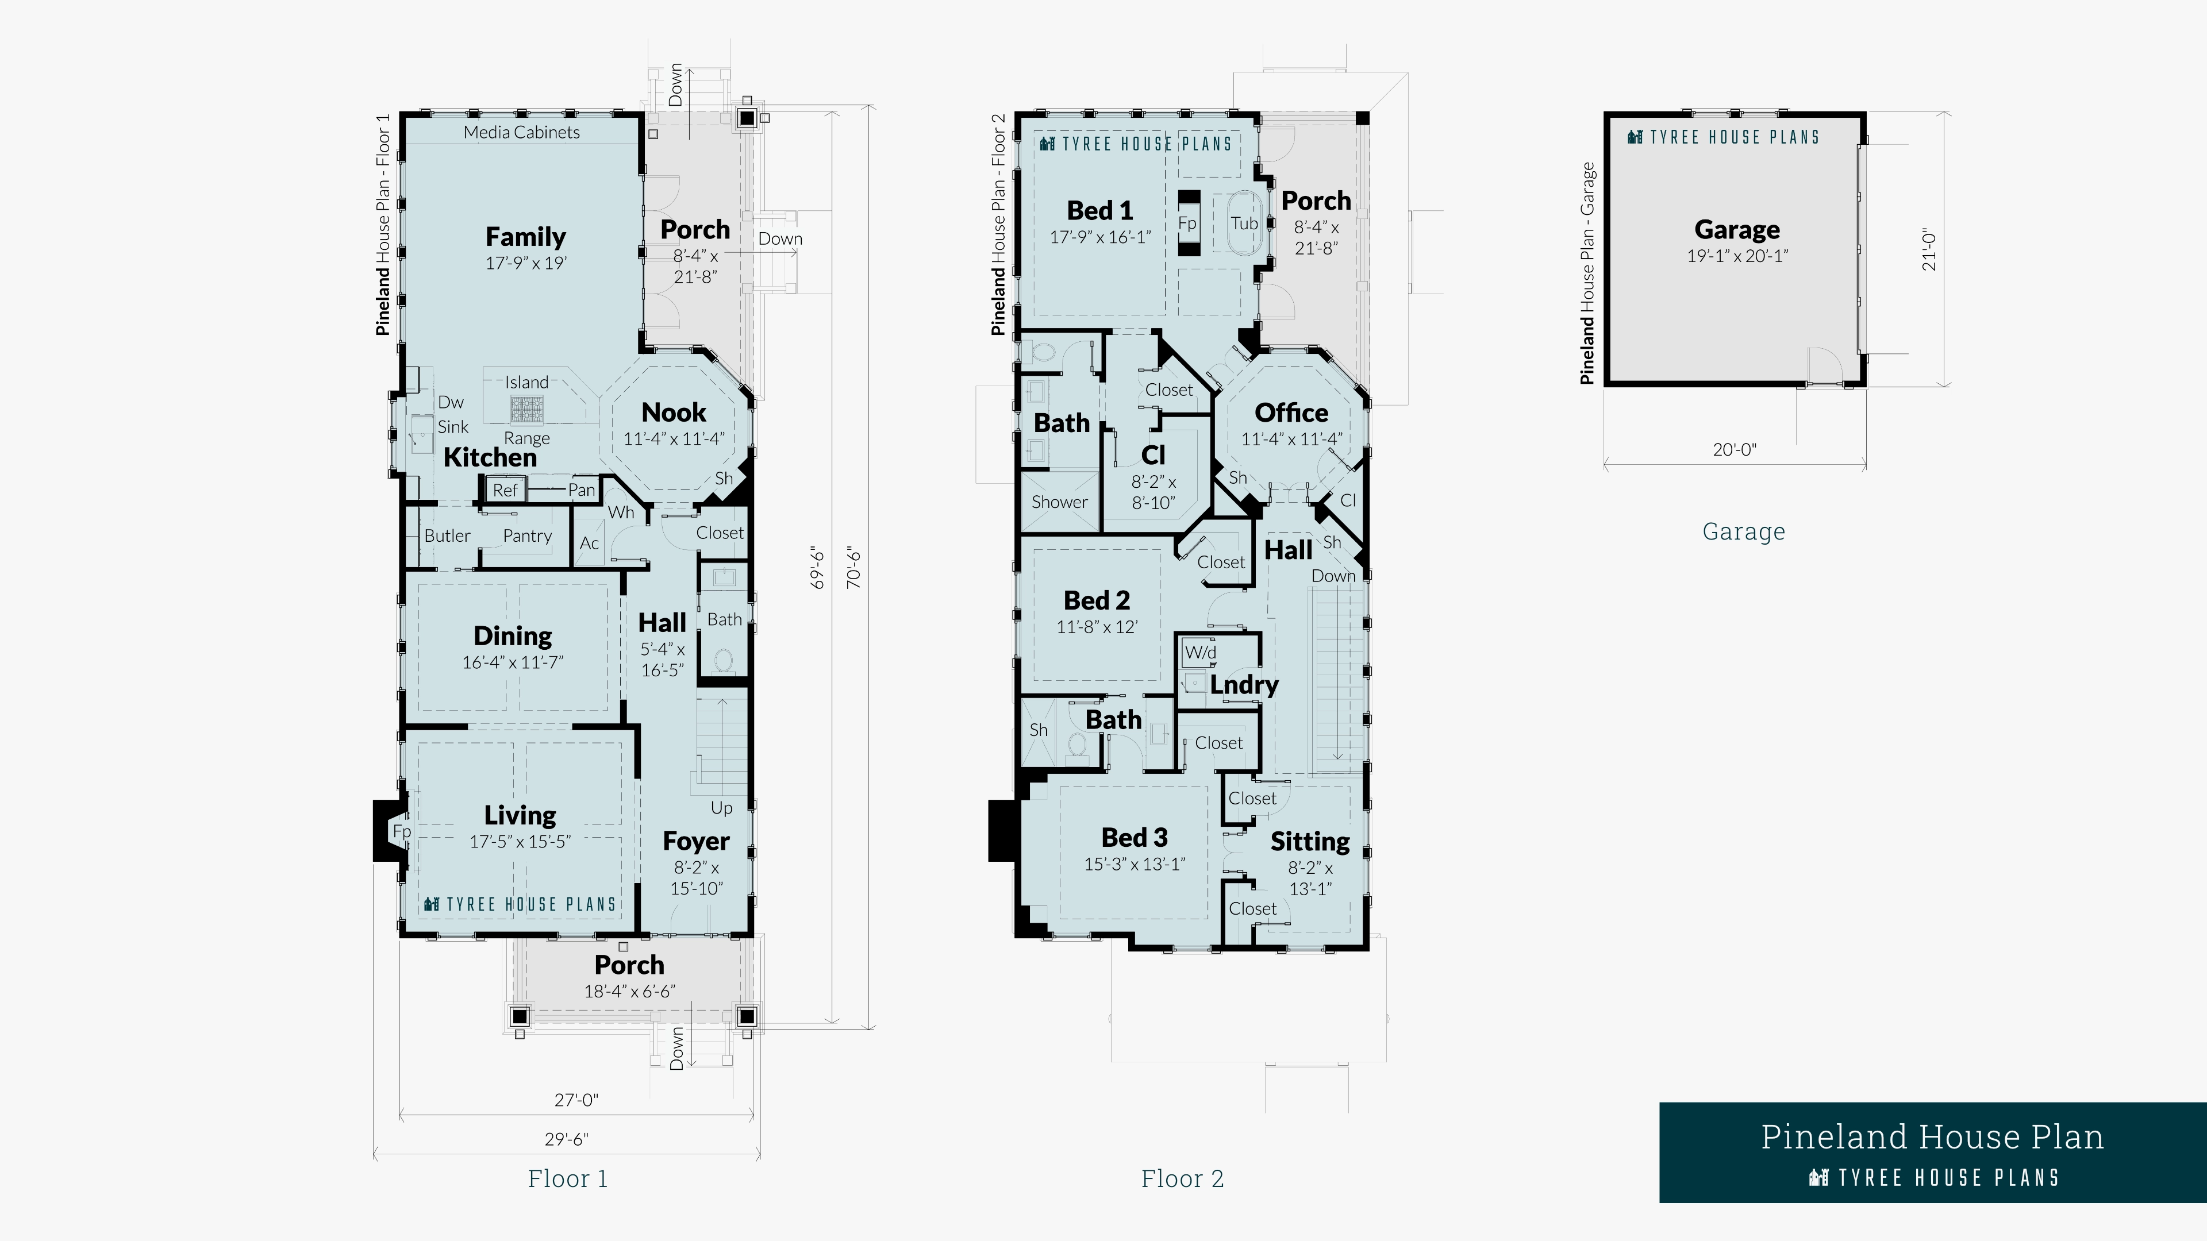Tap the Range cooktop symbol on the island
(x=528, y=410)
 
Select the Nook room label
(x=674, y=413)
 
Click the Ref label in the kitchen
(x=505, y=490)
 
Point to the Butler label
(x=447, y=536)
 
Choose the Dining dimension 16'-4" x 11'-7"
(x=512, y=662)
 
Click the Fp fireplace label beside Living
(x=401, y=831)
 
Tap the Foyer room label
(x=695, y=841)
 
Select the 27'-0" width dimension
(x=576, y=1100)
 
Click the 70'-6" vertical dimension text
(x=853, y=567)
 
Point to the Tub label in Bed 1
(x=1244, y=223)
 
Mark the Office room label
(x=1291, y=413)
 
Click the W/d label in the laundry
(x=1200, y=653)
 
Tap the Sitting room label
(x=1309, y=842)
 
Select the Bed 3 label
(x=1135, y=838)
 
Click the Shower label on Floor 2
(x=1059, y=503)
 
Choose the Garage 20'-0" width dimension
(x=1734, y=450)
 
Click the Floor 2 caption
(x=1182, y=1180)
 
